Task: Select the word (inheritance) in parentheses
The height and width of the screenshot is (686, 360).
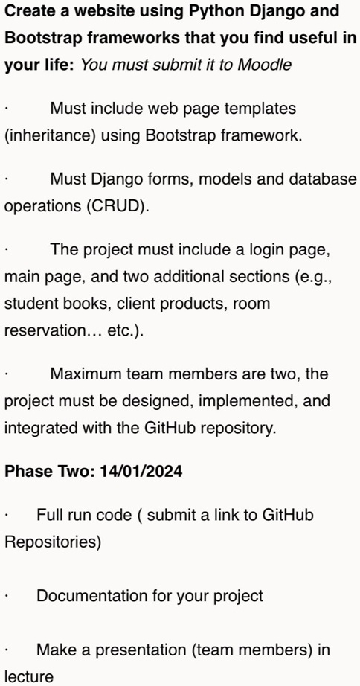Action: point(51,135)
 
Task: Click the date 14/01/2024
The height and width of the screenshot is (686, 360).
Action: point(141,472)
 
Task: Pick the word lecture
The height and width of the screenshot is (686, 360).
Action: point(29,677)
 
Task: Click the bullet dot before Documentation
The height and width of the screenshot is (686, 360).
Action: point(6,597)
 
